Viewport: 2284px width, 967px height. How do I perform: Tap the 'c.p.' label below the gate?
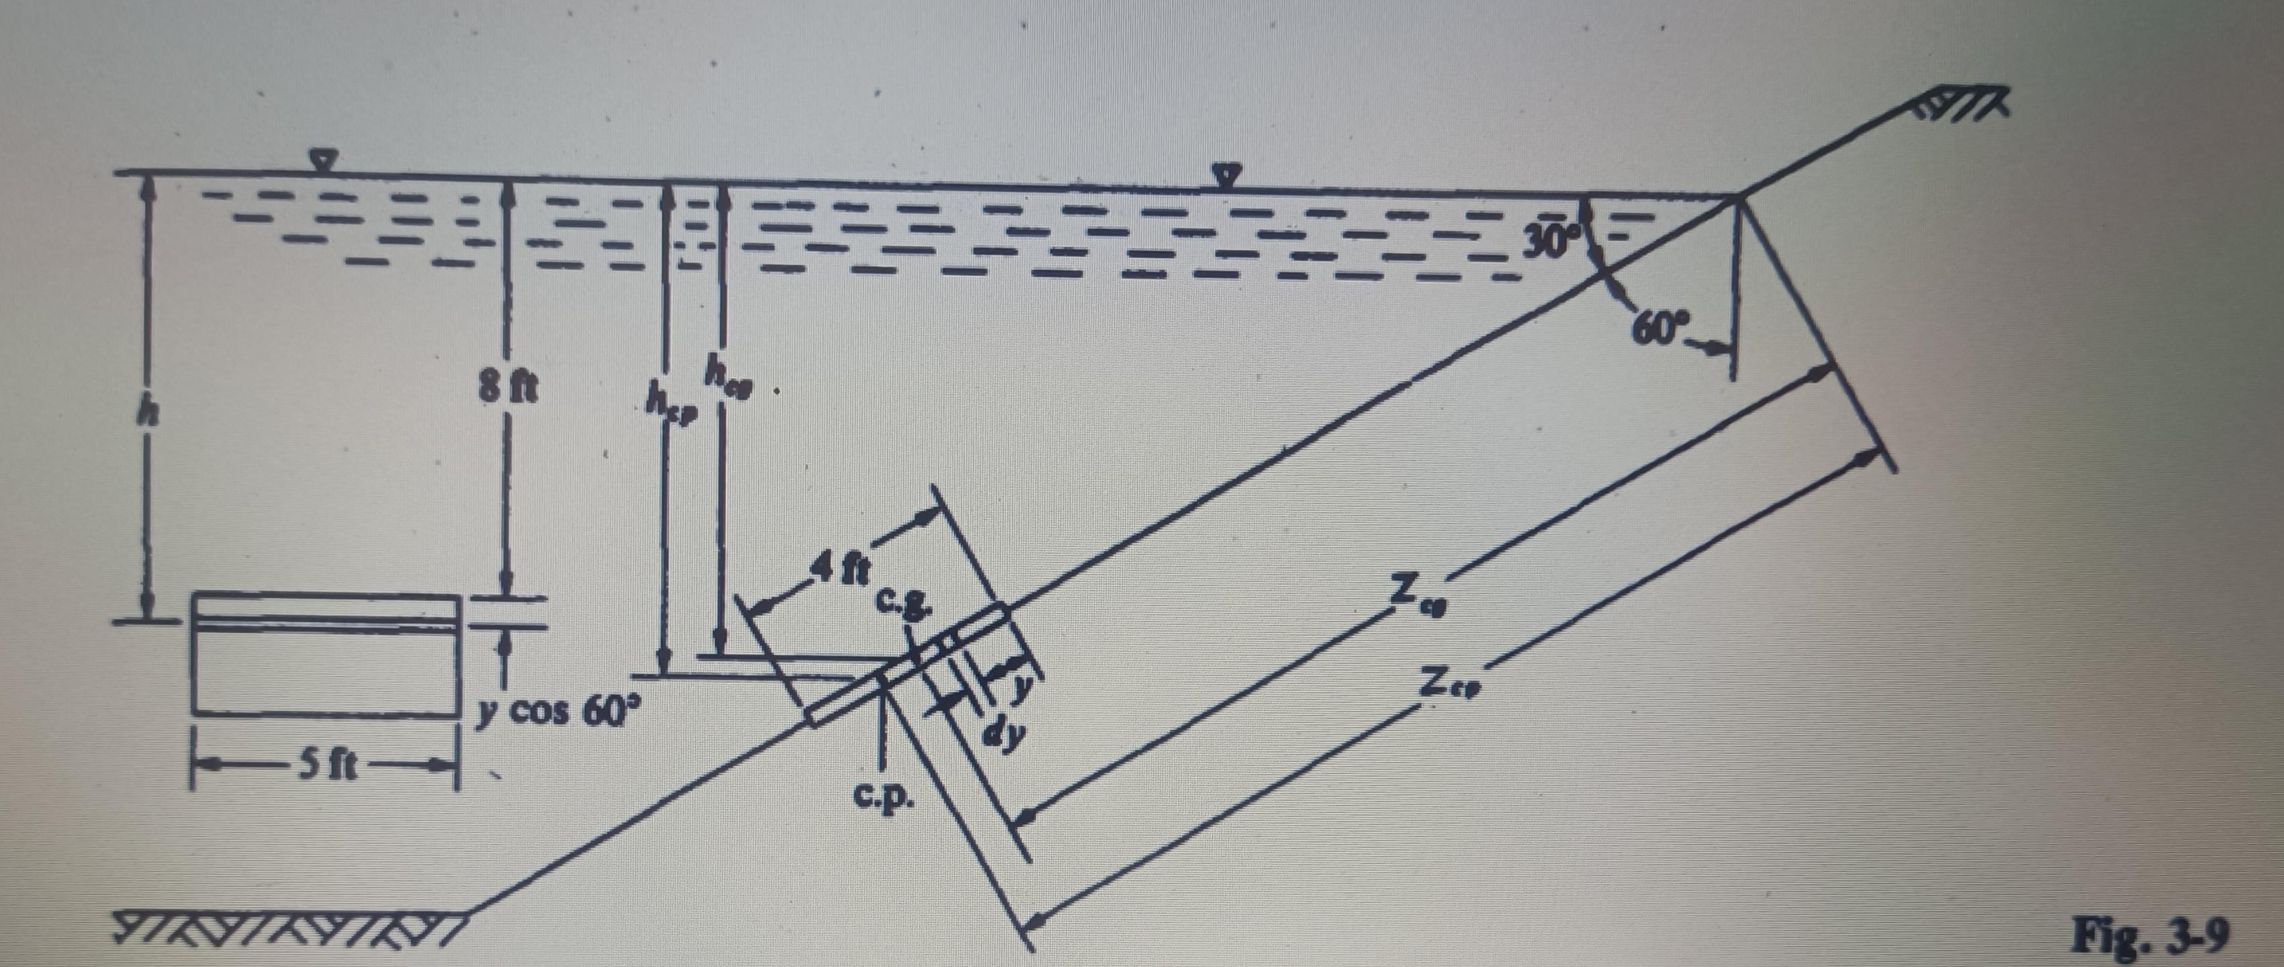[x=882, y=798]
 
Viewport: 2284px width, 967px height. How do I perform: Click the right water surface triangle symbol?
[x=1227, y=175]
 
